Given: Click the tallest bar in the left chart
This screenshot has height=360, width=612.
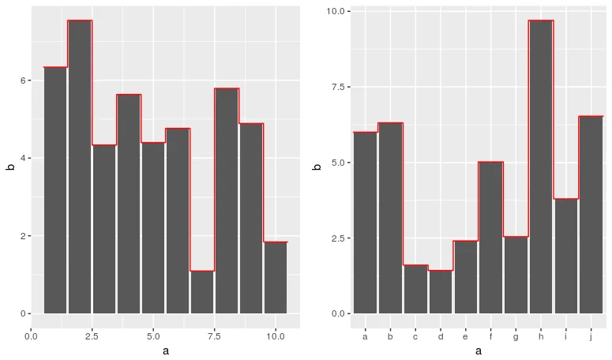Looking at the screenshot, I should (80, 167).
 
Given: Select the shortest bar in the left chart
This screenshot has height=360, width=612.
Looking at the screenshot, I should (202, 292).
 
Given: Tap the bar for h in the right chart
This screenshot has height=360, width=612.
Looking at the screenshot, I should (541, 167).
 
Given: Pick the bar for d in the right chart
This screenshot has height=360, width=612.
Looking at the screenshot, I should (441, 291).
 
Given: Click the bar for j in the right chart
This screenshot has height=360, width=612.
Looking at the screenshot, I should (591, 215).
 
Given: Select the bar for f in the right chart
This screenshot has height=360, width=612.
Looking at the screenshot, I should (490, 238).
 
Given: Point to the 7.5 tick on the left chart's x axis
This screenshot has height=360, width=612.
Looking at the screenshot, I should (214, 336).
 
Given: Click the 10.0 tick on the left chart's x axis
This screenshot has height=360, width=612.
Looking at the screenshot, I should (275, 336).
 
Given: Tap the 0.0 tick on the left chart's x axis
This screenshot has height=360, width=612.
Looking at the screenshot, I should (32, 336).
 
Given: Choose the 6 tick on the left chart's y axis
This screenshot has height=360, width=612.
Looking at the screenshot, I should (24, 81).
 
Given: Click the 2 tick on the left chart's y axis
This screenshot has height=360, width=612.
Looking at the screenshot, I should (24, 236).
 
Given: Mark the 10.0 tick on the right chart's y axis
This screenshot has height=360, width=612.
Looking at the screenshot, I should (336, 12).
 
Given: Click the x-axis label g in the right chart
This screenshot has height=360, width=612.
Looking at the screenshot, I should (516, 336).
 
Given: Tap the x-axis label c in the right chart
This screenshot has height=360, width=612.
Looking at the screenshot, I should (415, 336).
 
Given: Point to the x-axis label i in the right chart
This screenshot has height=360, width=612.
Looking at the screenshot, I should (566, 336).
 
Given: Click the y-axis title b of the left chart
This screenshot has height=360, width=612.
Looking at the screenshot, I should (10, 167).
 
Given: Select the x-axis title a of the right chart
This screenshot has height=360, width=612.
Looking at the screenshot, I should (479, 351).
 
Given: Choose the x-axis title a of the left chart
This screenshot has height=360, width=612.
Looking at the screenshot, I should (165, 351).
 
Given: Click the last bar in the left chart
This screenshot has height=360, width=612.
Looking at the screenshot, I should (276, 277).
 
